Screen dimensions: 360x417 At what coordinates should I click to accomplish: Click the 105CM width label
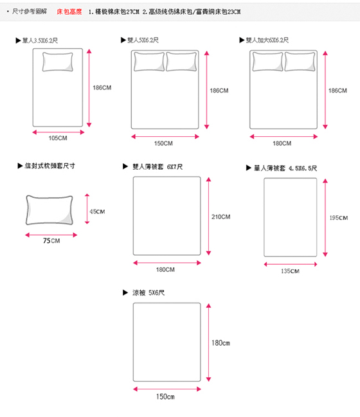(x=58, y=138)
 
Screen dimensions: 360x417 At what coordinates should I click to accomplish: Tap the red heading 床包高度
(x=69, y=12)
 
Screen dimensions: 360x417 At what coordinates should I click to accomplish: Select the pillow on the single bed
(x=57, y=62)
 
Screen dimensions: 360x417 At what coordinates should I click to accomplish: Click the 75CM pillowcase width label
(x=51, y=241)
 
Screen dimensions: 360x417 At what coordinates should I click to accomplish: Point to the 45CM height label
(x=97, y=211)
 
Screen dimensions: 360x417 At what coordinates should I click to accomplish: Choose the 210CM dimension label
(x=221, y=217)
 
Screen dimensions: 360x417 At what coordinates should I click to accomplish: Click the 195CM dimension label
(x=338, y=218)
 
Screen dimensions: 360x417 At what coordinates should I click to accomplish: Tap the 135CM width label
(x=290, y=271)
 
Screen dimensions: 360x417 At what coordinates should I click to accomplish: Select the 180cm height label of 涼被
(x=221, y=343)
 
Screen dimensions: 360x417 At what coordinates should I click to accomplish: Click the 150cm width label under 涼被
(x=165, y=396)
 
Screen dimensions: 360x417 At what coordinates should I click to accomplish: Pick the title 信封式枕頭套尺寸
(x=50, y=166)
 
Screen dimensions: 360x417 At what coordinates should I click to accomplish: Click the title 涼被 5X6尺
(x=148, y=293)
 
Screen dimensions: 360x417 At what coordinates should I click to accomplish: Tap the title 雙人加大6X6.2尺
(x=267, y=40)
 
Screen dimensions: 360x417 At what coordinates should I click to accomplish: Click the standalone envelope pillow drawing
(x=50, y=210)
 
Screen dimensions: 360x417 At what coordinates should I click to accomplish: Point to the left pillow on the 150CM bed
(x=149, y=62)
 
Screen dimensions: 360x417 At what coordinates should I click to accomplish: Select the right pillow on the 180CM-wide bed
(x=300, y=62)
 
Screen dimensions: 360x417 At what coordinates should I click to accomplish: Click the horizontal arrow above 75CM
(x=51, y=235)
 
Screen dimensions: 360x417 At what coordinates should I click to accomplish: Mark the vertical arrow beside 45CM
(x=87, y=209)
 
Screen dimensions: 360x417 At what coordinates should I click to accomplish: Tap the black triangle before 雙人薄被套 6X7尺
(x=125, y=166)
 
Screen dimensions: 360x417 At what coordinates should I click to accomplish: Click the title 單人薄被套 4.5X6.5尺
(x=285, y=168)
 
